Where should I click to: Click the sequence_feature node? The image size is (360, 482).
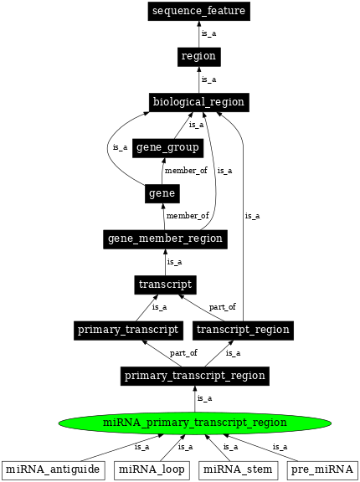click(x=198, y=12)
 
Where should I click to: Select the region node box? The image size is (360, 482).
click(x=198, y=57)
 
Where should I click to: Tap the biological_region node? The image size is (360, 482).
click(x=198, y=102)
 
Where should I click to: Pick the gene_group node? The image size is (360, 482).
click(x=167, y=148)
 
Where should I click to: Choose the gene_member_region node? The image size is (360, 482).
click(x=165, y=238)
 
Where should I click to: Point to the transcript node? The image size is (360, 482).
click(x=165, y=285)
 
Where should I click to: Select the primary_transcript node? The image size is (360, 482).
click(x=128, y=330)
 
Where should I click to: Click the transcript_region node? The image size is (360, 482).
click(x=242, y=330)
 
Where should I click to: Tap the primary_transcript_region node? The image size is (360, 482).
click(x=194, y=376)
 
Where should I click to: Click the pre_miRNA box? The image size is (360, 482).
click(x=321, y=469)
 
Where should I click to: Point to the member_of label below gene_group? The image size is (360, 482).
click(x=186, y=171)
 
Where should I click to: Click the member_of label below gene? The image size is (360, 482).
click(x=188, y=216)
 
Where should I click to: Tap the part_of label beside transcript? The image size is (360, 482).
click(x=222, y=307)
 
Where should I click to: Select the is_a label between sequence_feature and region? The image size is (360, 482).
click(x=208, y=34)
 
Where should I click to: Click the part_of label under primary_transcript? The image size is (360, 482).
click(x=183, y=353)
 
